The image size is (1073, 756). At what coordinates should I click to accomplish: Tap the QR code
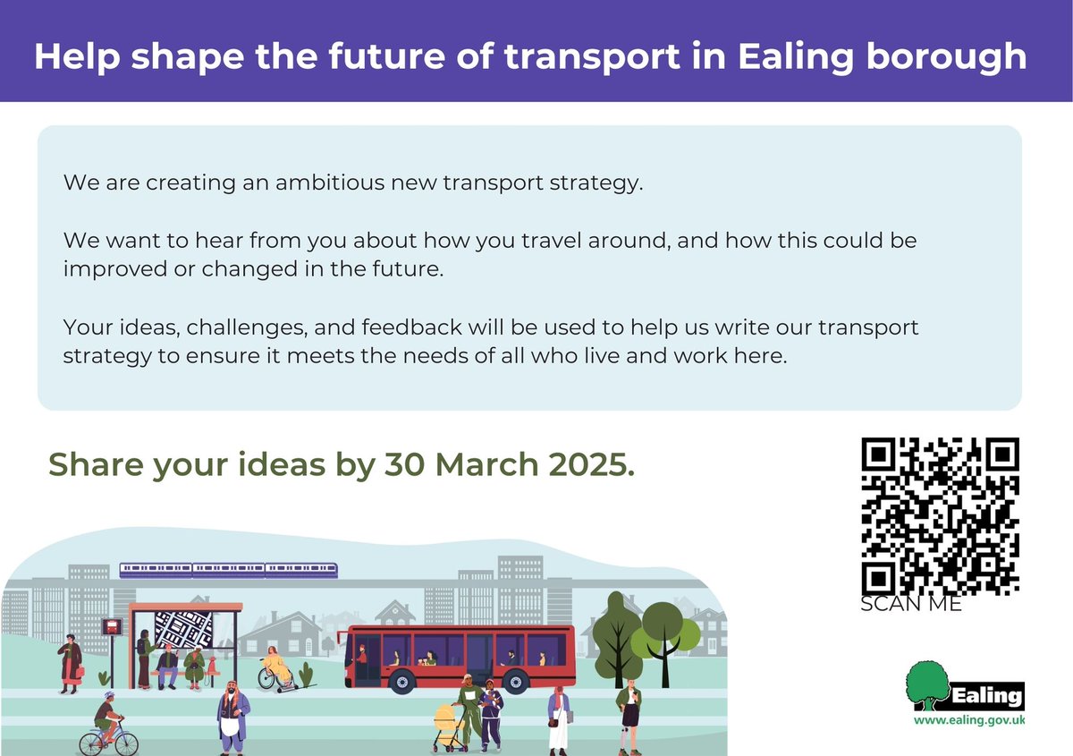[x=940, y=516]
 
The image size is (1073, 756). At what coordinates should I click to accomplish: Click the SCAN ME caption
[x=910, y=605]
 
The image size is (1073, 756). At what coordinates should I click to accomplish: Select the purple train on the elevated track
[x=229, y=569]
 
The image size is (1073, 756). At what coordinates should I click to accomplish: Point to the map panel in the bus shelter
[x=184, y=629]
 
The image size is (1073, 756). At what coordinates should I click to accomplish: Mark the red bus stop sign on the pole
[x=112, y=627]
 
